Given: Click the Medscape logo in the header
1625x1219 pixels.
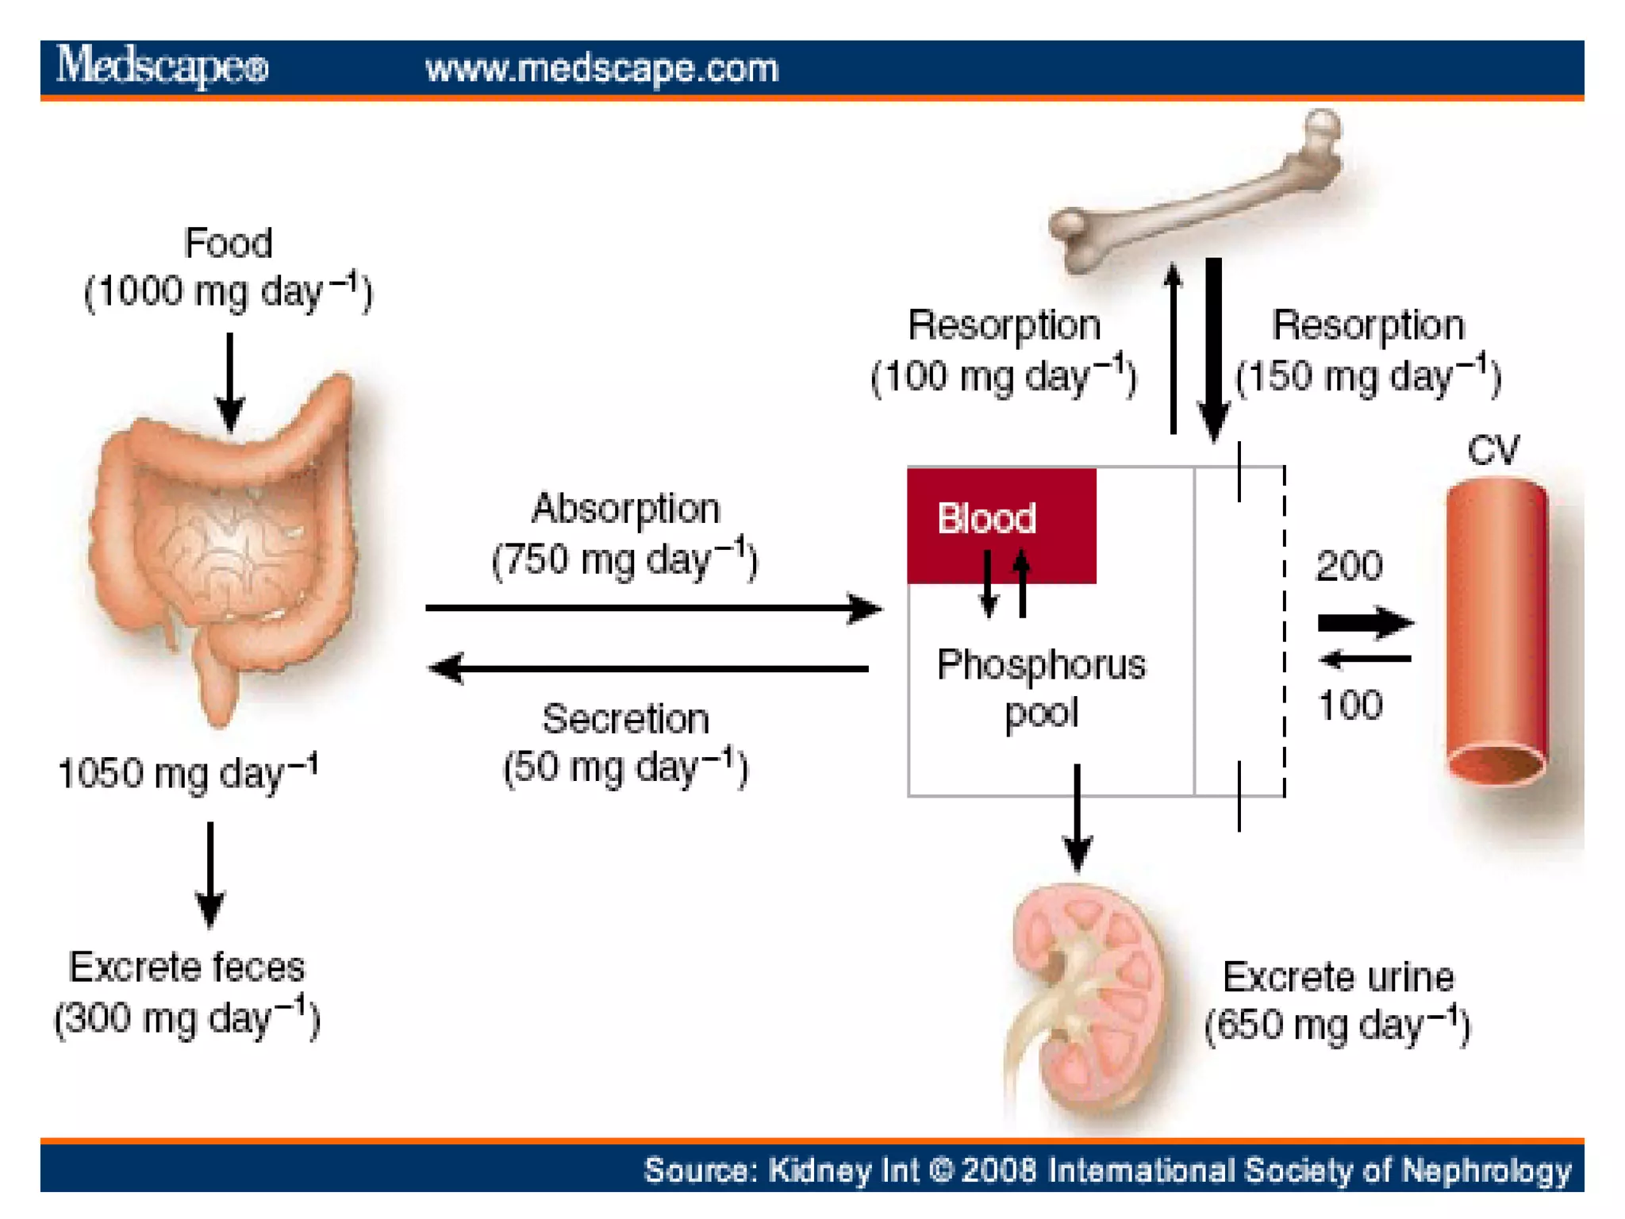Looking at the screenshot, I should click(x=163, y=67).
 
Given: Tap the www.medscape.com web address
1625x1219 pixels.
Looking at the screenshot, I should click(x=601, y=68).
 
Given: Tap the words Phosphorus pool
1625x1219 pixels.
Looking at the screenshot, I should click(x=1041, y=687).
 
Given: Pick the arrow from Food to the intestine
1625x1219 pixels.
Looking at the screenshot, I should click(x=230, y=381).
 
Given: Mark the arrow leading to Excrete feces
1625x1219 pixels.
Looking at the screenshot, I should click(x=210, y=873).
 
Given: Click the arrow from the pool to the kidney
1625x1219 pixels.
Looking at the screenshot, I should click(x=1077, y=817).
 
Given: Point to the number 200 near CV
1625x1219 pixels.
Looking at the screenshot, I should click(x=1349, y=566).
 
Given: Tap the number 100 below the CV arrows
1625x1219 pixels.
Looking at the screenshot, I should click(x=1350, y=705).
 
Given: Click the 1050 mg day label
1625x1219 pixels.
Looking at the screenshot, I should click(x=188, y=773).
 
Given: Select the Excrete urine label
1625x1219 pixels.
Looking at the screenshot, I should click(x=1338, y=977).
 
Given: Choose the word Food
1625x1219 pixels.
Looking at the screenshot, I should click(x=228, y=243).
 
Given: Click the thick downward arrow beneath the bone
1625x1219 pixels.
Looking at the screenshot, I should click(x=1213, y=349).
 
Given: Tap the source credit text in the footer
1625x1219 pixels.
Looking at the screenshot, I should click(x=1107, y=1170).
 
